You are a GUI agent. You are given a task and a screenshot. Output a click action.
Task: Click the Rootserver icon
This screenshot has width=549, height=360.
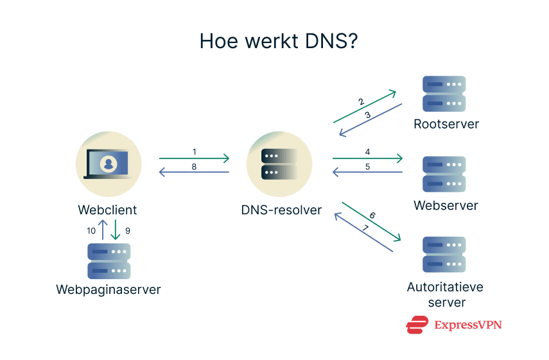click(444, 94)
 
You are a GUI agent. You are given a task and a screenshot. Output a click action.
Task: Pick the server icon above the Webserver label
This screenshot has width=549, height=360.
click(444, 174)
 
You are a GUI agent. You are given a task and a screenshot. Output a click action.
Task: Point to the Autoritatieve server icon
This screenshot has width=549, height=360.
click(444, 255)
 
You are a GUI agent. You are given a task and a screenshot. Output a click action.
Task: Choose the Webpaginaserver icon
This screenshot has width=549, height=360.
click(109, 261)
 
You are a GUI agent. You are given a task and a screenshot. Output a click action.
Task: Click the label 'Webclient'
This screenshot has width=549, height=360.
click(107, 210)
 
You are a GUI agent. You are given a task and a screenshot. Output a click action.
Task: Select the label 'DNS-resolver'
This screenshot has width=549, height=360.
click(281, 210)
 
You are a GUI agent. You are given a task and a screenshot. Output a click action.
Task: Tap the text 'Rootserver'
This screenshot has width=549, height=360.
click(446, 124)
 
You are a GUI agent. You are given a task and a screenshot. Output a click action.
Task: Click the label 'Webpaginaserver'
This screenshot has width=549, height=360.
click(108, 289)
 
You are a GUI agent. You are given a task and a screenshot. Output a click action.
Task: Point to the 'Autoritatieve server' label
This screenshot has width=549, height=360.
click(445, 295)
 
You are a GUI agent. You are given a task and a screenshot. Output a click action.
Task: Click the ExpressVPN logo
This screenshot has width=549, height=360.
click(453, 325)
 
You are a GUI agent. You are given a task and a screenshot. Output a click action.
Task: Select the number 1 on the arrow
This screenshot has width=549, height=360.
click(194, 151)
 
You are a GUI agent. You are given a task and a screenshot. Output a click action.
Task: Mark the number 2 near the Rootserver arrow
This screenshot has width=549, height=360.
click(361, 102)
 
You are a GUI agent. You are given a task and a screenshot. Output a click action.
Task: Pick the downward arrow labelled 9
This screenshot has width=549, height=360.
click(116, 230)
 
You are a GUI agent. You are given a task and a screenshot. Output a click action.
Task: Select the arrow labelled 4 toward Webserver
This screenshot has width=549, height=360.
click(367, 158)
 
